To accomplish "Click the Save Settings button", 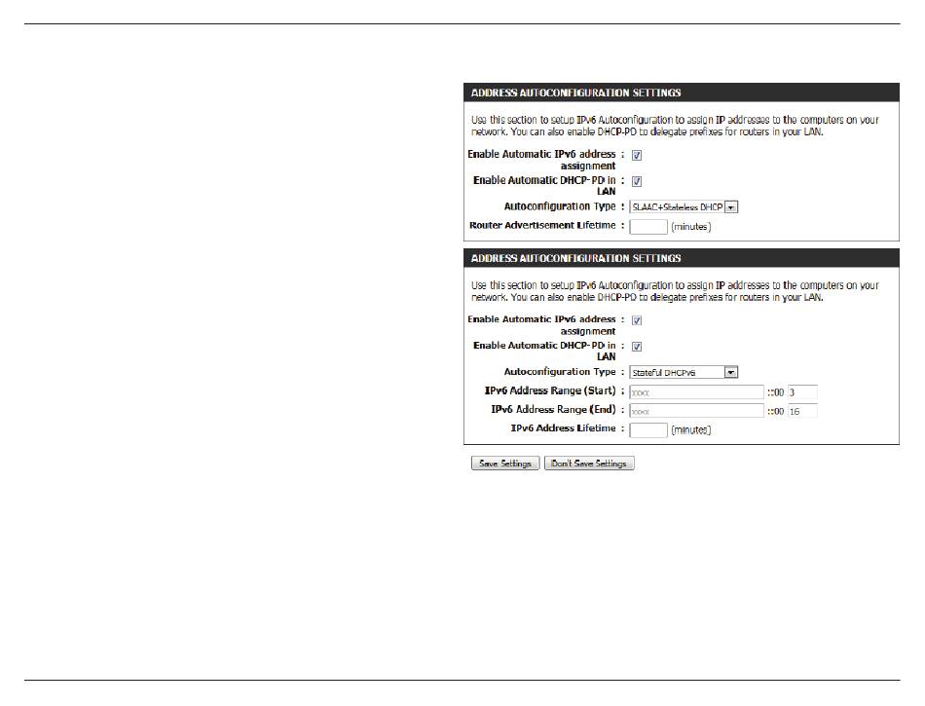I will click(x=503, y=464).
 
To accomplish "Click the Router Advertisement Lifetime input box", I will click(x=648, y=226).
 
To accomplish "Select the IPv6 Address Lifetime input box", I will click(x=648, y=429).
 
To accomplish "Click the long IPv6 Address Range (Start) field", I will click(x=696, y=391).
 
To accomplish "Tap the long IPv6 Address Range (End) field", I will click(x=696, y=411).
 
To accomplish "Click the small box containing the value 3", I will click(x=802, y=391).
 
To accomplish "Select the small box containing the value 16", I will click(x=802, y=411).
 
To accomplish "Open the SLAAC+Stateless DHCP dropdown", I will click(x=684, y=206).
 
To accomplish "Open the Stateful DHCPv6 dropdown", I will click(x=684, y=372).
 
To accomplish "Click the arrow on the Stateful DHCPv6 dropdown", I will click(x=732, y=372).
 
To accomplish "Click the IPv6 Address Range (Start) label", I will click(x=550, y=390).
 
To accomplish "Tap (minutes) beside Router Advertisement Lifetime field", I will click(x=690, y=227).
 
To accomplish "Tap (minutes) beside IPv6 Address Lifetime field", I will click(x=690, y=430).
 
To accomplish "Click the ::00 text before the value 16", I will click(x=775, y=411).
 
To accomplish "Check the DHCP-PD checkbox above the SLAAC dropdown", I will click(x=637, y=181).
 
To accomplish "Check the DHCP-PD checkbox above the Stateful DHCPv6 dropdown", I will click(x=637, y=346).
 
